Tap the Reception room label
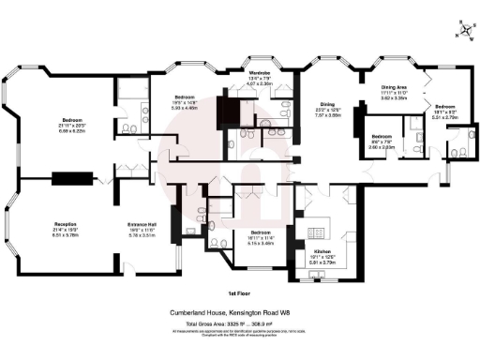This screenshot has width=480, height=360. (65, 224)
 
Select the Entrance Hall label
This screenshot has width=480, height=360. (142, 224)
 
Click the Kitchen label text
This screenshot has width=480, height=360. (322, 253)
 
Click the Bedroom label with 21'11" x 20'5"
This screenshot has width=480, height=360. (72, 121)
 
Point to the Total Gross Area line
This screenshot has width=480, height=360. (240, 323)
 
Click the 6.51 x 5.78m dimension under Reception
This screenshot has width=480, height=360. (65, 235)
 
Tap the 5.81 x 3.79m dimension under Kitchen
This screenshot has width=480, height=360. (322, 264)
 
